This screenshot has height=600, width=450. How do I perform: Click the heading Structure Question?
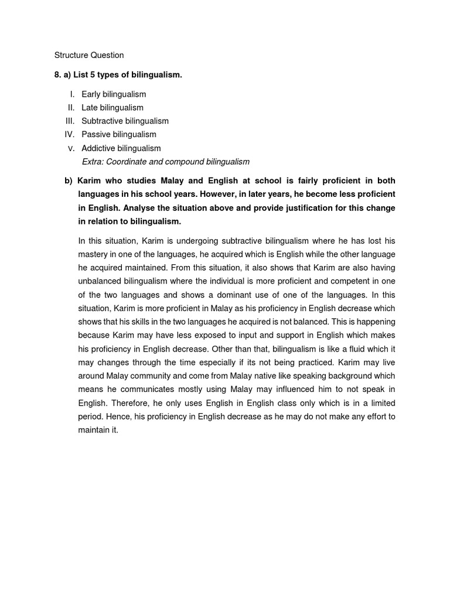click(x=89, y=55)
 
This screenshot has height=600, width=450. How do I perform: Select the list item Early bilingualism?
click(x=114, y=94)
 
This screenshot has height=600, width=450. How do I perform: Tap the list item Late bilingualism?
click(x=112, y=107)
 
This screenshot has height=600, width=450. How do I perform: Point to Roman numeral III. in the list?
click(x=71, y=121)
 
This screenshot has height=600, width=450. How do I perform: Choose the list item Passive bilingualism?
click(x=119, y=134)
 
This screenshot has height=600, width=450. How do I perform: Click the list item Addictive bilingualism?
click(x=121, y=148)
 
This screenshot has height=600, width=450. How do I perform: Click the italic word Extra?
click(x=92, y=162)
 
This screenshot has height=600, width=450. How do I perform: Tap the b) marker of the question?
click(x=69, y=180)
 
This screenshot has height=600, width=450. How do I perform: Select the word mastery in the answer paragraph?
click(x=94, y=254)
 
